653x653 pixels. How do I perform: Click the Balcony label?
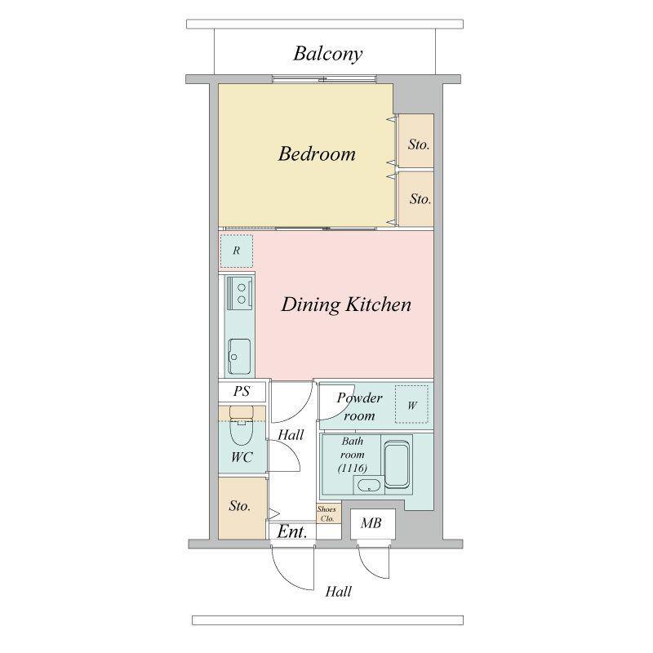(x=328, y=54)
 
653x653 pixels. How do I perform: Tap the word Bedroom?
(x=317, y=153)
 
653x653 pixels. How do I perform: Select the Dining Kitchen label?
(x=346, y=304)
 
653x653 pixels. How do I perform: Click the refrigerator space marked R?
(x=237, y=251)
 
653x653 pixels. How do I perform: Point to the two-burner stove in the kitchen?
(x=239, y=293)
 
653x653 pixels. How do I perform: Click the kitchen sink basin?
(x=239, y=356)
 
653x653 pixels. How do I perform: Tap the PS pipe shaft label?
(x=242, y=391)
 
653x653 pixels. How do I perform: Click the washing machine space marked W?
(x=411, y=404)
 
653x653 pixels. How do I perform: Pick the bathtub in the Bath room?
(x=397, y=464)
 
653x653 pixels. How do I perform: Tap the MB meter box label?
(x=371, y=523)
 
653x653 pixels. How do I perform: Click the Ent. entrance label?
(x=292, y=532)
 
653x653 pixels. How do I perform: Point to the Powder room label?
(x=359, y=406)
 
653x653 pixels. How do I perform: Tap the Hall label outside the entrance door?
(x=339, y=591)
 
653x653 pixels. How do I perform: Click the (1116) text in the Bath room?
(x=353, y=469)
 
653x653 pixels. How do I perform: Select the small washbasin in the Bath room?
(x=369, y=485)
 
